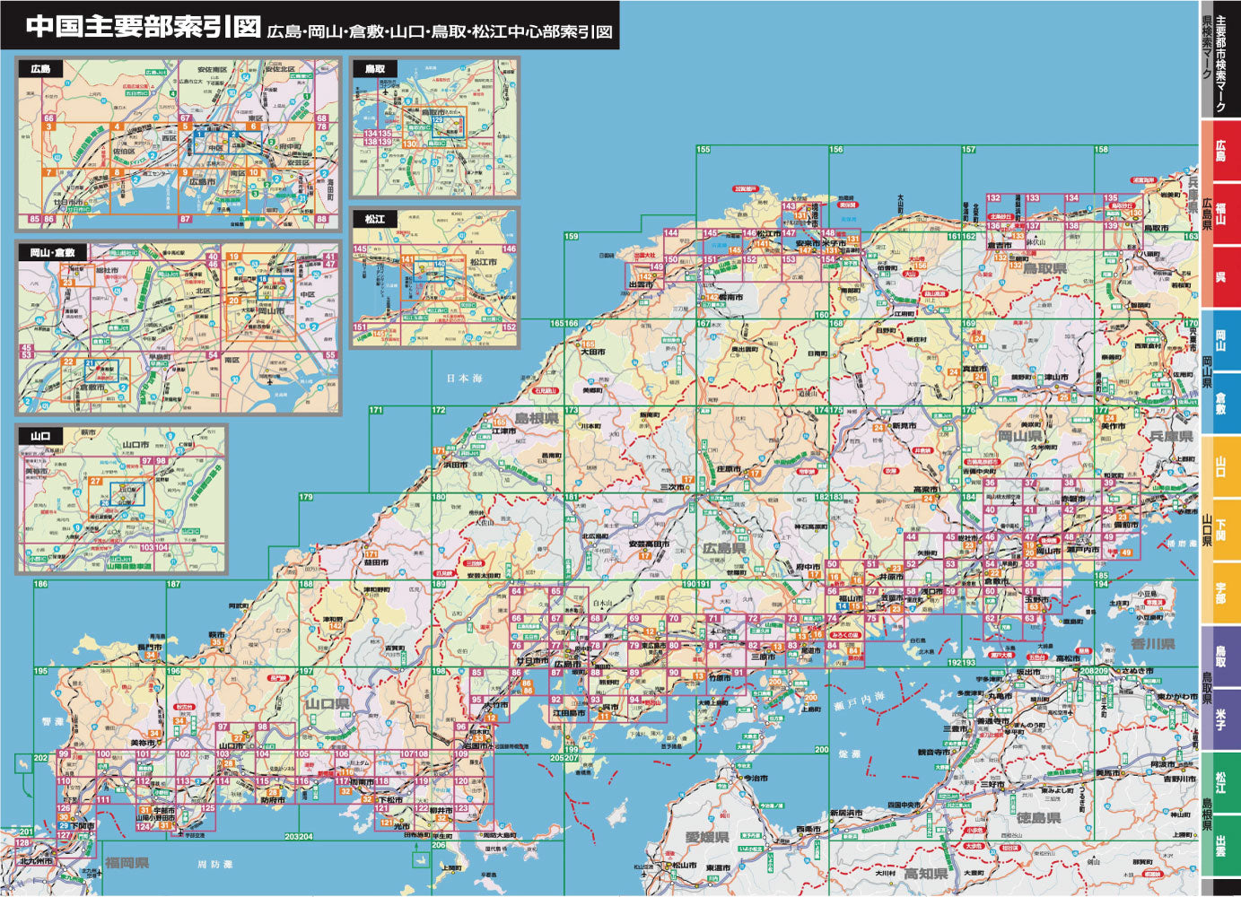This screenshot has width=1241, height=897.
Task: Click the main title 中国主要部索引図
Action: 144,26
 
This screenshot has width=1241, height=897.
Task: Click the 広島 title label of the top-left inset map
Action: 41,69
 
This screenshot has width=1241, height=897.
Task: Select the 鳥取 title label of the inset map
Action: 375,69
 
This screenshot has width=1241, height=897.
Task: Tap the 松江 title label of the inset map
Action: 375,219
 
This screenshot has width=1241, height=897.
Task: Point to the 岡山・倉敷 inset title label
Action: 52,253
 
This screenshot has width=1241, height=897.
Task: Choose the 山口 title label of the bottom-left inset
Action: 41,437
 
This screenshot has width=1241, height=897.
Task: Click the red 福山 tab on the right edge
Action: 1220,213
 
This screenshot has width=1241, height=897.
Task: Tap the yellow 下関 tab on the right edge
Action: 1220,529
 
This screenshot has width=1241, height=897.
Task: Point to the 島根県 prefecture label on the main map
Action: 536,419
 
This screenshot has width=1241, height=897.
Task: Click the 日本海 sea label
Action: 465,378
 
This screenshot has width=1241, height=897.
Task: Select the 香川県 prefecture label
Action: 1152,644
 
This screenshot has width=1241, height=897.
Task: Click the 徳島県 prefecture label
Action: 1039,818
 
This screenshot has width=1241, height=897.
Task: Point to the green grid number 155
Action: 703,150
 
